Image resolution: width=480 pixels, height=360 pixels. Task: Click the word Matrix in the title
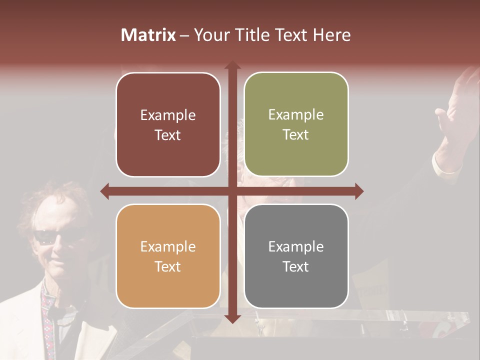(x=148, y=35)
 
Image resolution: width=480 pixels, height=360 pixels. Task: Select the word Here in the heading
(x=331, y=35)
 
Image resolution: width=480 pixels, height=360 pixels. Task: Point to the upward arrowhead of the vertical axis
(x=232, y=65)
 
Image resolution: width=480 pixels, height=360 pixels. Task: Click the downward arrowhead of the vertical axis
(x=232, y=318)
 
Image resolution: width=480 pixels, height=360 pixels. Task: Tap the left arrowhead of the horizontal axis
(x=104, y=191)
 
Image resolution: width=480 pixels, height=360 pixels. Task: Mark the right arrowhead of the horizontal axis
(x=359, y=191)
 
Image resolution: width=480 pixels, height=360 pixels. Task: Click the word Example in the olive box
(x=296, y=115)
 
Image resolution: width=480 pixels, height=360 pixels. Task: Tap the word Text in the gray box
(x=296, y=266)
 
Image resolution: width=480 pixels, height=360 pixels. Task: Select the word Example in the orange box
(x=168, y=246)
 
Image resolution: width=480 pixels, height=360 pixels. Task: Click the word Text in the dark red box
(x=168, y=135)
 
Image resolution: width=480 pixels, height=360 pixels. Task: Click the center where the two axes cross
(x=232, y=191)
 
